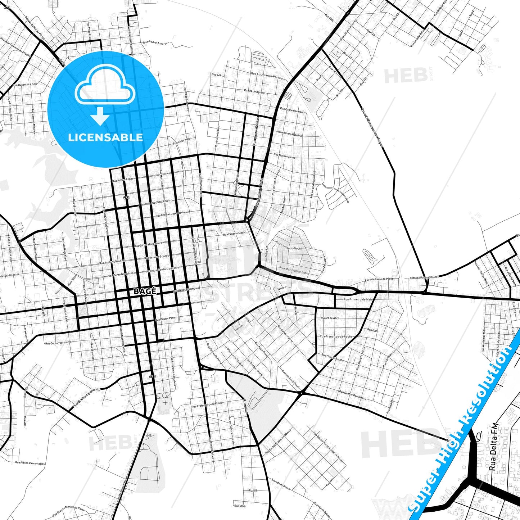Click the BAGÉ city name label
145,291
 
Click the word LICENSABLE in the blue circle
105,137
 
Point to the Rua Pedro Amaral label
155,43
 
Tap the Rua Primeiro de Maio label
358,299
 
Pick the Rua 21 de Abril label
330,318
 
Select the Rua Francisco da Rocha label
336,336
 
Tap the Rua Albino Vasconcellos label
30,463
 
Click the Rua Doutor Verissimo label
58,343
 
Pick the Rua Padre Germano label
292,110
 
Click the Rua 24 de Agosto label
254,91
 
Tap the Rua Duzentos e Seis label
25,84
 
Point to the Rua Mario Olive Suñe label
294,270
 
